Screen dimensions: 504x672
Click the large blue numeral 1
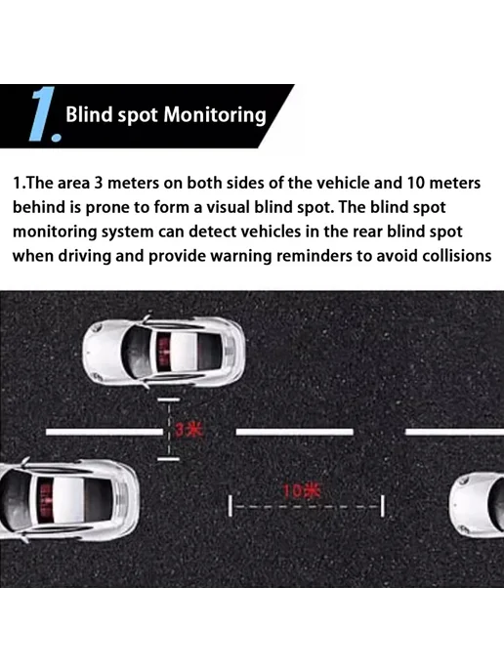(43, 113)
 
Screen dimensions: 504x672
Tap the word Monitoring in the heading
(215, 116)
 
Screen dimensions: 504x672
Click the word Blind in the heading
(89, 114)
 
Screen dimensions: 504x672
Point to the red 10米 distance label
(301, 491)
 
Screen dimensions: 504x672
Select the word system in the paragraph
(127, 232)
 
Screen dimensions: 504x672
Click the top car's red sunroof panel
(164, 354)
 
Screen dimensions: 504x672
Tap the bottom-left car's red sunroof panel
(45, 500)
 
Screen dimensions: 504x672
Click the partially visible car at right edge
(477, 504)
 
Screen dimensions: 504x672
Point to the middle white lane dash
(295, 432)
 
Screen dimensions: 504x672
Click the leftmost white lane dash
(105, 432)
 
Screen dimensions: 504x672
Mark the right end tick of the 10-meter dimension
(383, 506)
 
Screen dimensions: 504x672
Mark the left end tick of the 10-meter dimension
(231, 506)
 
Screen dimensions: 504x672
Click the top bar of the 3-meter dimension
(168, 399)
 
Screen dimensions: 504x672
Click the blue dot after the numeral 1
(56, 137)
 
